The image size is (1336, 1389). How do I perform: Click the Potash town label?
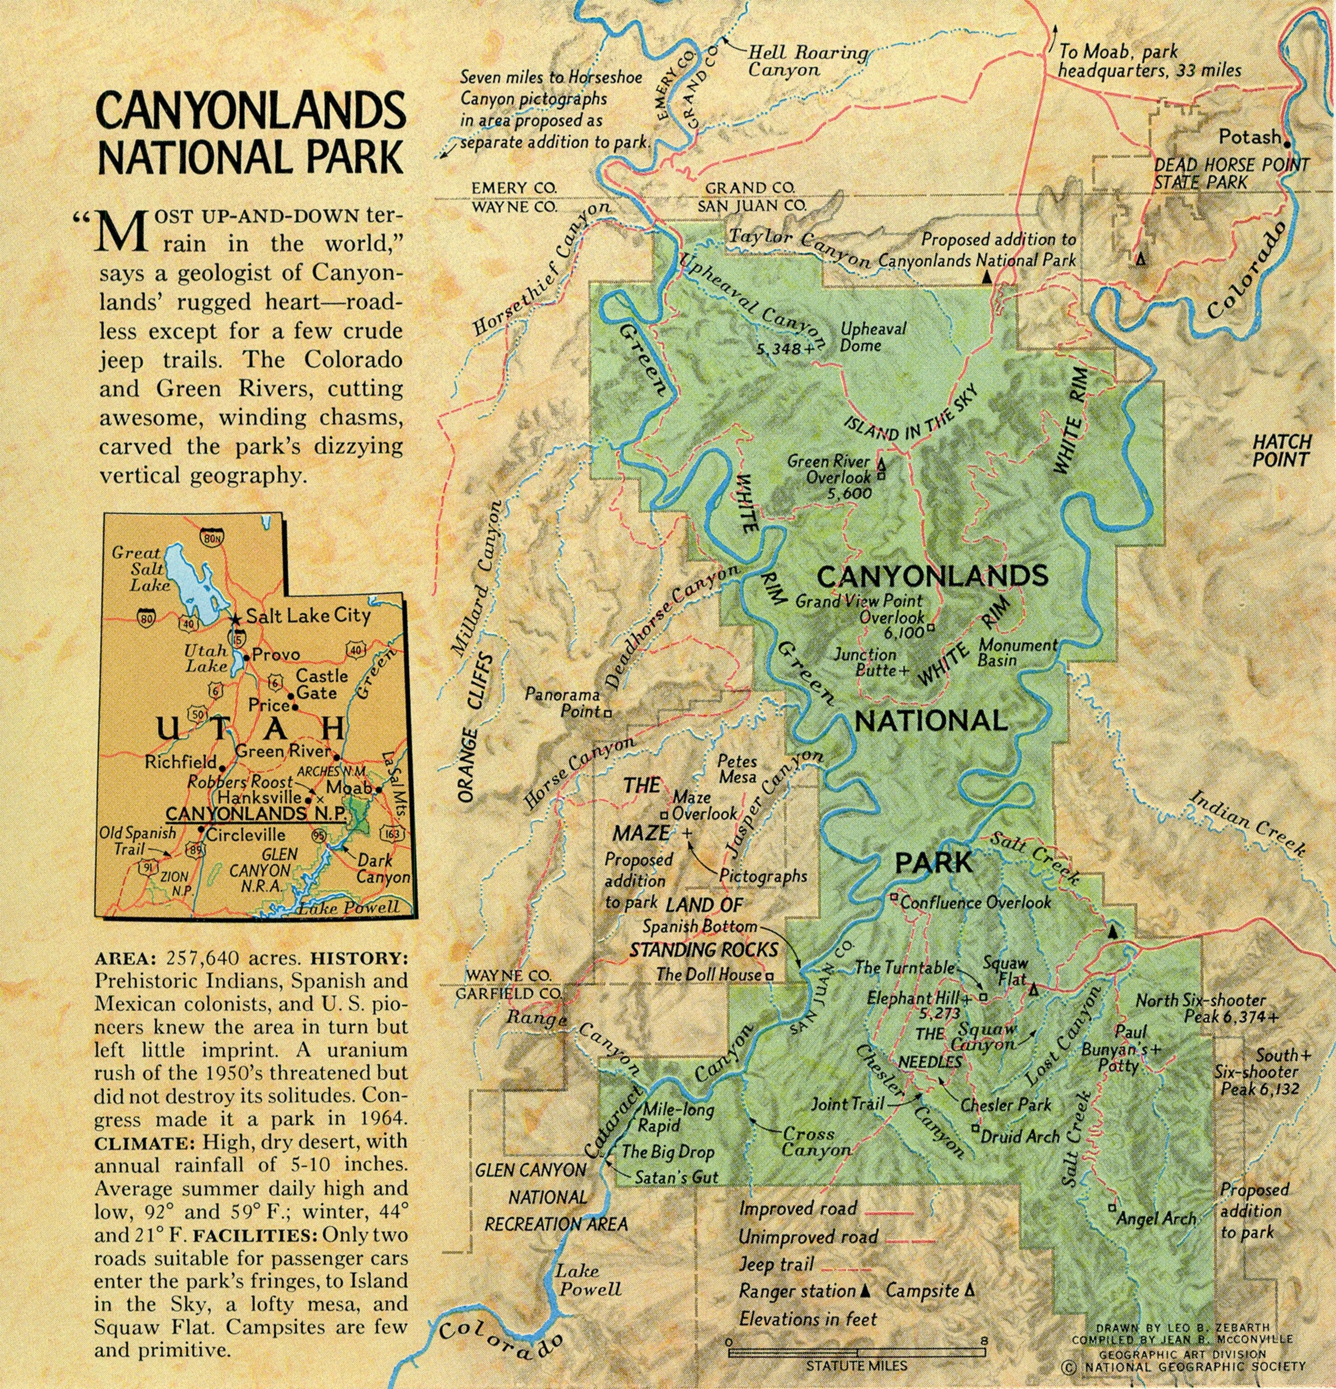[x=1250, y=137]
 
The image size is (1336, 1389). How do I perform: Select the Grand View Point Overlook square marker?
[x=930, y=627]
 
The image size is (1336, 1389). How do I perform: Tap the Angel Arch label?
[x=1156, y=1218]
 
